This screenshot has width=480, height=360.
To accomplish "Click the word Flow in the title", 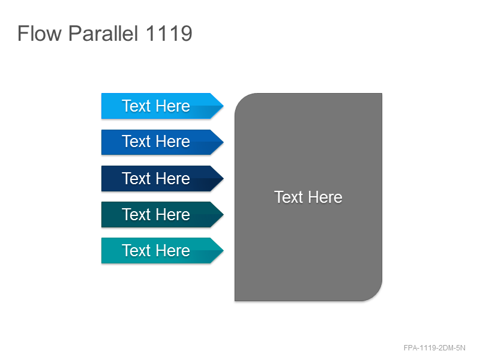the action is (40, 34).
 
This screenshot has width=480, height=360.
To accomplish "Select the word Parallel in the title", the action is (103, 34).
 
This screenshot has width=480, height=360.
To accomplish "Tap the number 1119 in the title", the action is (169, 34).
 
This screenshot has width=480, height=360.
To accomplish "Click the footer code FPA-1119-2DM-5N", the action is (434, 348).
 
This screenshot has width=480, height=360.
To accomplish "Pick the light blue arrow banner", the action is (162, 106).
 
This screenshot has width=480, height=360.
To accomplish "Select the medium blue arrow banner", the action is (162, 142).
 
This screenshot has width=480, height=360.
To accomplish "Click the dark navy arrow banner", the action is (162, 178).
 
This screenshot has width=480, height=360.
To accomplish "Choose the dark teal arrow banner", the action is (162, 214).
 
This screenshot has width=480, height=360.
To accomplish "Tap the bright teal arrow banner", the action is (162, 250).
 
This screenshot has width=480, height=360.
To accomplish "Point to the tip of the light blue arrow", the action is (223, 106).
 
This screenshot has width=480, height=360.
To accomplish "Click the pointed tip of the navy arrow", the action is (223, 178).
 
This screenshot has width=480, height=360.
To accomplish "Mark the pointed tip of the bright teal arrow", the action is (223, 250).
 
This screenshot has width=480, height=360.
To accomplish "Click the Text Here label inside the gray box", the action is (308, 197).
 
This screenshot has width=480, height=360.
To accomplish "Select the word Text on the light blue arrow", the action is (136, 106).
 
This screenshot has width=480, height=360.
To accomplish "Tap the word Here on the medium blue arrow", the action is (173, 142).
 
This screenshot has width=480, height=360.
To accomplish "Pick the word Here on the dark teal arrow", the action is (173, 214).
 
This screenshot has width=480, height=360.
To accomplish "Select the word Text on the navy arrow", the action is (136, 178).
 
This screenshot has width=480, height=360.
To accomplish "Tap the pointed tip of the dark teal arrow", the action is (223, 214).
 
